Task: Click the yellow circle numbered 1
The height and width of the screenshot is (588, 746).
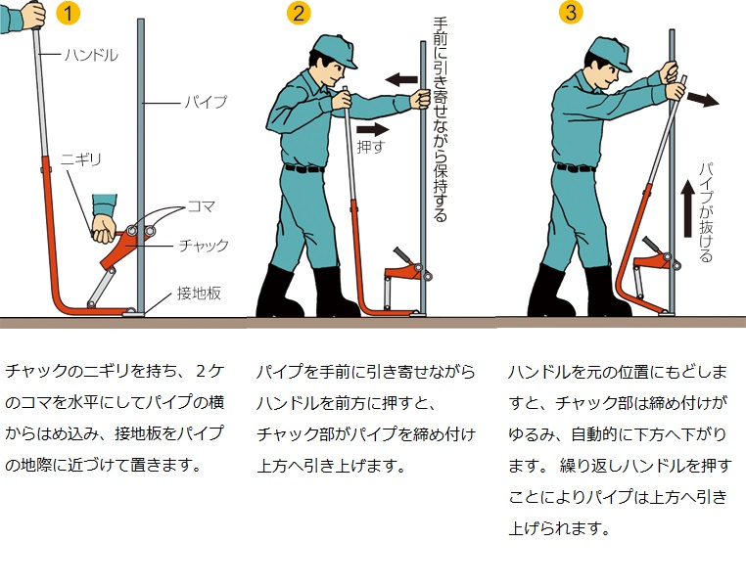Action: [x=68, y=14]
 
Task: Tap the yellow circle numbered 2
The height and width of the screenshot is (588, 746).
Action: [x=299, y=14]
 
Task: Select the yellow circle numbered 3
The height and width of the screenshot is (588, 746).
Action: [x=571, y=12]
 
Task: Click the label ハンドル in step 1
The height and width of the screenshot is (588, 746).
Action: [x=91, y=55]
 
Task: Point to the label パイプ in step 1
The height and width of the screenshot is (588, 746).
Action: [x=206, y=102]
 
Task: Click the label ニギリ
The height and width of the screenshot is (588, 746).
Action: [x=81, y=159]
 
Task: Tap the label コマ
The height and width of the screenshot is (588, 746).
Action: [x=202, y=206]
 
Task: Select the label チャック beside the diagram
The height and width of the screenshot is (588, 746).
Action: [x=204, y=246]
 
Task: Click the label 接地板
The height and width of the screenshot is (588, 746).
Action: [x=200, y=293]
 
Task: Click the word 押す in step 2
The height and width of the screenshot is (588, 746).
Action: [x=371, y=147]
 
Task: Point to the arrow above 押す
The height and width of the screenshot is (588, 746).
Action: [x=373, y=129]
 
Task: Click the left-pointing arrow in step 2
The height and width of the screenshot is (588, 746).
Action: [x=401, y=79]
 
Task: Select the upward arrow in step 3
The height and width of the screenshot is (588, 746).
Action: [x=687, y=208]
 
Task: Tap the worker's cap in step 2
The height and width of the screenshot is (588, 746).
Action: [x=337, y=50]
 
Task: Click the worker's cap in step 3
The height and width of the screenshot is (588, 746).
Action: [x=611, y=52]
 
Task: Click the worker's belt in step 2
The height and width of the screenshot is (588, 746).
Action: [x=304, y=168]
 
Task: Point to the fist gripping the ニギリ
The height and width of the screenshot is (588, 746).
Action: [x=103, y=229]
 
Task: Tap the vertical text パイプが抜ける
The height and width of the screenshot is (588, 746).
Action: [x=706, y=212]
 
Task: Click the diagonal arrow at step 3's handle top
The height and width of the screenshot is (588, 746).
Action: [x=703, y=100]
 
